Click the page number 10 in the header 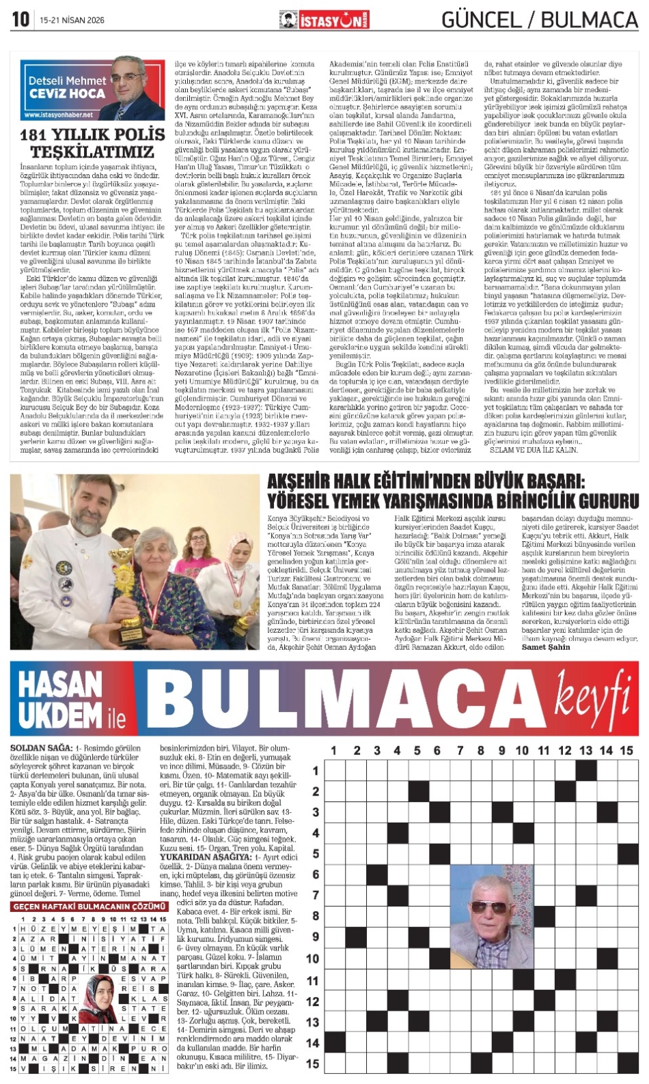point(20,19)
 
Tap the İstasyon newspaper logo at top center point(324,20)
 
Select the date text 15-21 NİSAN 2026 point(72,20)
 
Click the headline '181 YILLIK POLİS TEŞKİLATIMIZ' point(92,143)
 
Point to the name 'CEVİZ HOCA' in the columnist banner point(67,94)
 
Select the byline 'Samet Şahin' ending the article point(546,647)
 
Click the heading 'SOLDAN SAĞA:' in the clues point(41,748)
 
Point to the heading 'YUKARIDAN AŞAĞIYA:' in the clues point(205,857)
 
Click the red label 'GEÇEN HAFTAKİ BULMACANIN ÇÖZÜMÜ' point(89,907)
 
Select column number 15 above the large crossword point(626,750)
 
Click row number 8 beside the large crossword point(315,916)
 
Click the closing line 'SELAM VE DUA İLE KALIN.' point(525,450)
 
